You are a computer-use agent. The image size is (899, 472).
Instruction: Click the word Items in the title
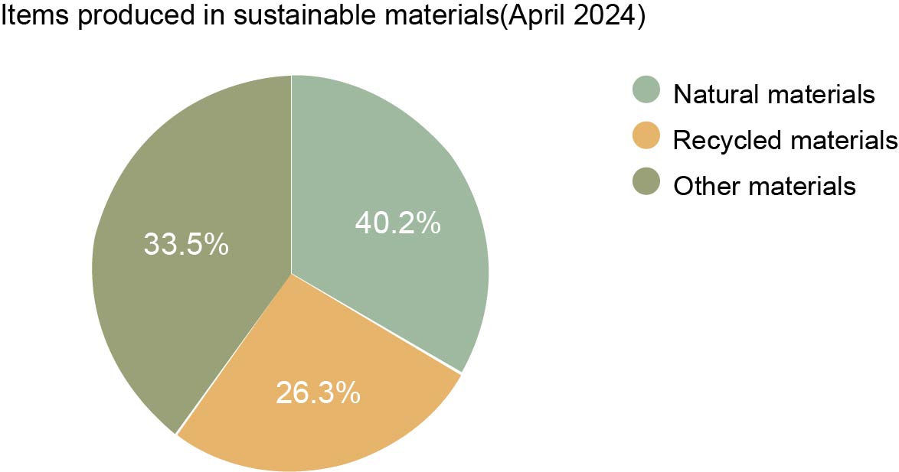coord(29,18)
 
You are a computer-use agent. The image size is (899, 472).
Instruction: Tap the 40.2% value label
coord(397,223)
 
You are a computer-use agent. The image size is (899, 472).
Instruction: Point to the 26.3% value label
coord(317,392)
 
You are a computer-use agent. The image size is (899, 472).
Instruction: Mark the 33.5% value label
coord(186,245)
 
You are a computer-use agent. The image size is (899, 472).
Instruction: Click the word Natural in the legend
coord(714,94)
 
